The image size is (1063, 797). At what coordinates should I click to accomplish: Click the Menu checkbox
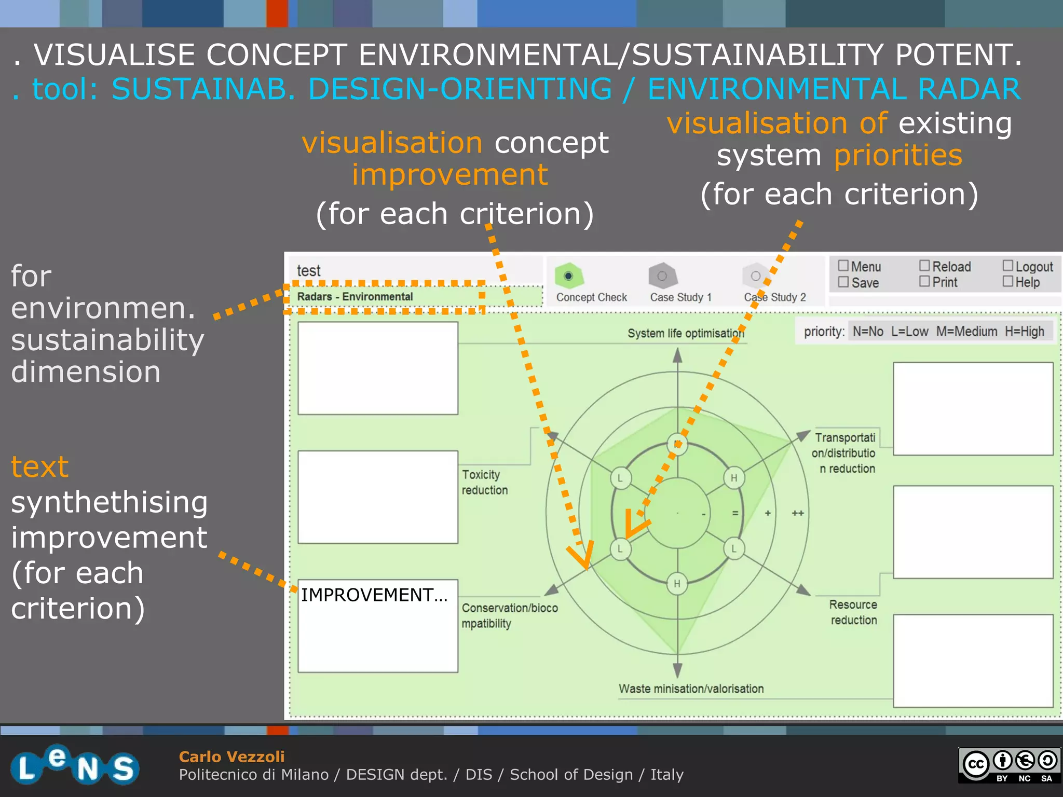[843, 266]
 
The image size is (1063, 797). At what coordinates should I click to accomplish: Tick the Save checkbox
[843, 282]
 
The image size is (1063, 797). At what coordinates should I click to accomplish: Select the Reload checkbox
[924, 266]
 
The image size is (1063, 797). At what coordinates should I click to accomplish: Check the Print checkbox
[924, 281]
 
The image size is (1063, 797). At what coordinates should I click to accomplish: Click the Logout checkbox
[1007, 266]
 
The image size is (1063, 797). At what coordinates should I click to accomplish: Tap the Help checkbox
[1007, 281]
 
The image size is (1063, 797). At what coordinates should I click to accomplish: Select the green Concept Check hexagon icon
[569, 276]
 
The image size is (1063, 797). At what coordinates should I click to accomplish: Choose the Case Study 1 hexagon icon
[662, 276]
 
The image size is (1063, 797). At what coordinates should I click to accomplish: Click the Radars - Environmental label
[355, 297]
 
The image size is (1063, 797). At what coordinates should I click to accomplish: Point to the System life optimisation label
[685, 333]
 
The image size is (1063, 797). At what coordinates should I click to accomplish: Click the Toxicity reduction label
[484, 482]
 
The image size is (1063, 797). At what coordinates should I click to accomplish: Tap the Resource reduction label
[853, 612]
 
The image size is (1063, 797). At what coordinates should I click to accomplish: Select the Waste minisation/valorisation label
[691, 689]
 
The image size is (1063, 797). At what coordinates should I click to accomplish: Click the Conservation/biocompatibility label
[509, 615]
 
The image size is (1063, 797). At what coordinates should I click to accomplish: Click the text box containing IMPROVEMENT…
[378, 626]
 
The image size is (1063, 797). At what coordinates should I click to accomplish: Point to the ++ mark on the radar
[798, 513]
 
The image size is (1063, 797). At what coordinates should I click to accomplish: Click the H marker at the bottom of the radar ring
[677, 584]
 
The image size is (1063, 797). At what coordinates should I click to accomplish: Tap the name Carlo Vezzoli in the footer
[231, 757]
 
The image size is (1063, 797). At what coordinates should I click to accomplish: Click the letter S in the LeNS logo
[124, 768]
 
